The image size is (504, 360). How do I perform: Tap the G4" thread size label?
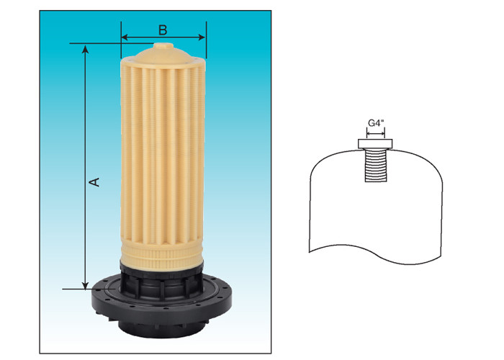(375, 123)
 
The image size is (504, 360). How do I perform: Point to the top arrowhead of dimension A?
(86, 48)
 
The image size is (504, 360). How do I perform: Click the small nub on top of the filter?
(163, 47)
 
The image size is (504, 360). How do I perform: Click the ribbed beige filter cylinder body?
(163, 158)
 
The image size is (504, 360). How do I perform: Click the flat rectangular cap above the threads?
(375, 144)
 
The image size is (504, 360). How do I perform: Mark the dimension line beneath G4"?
(375, 132)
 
